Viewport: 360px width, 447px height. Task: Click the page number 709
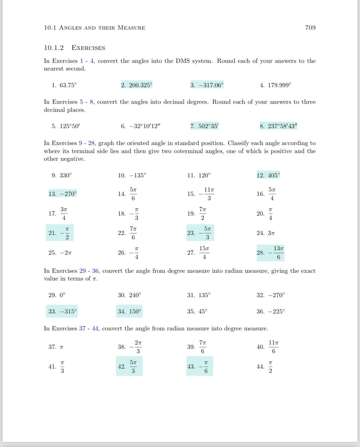pos(310,28)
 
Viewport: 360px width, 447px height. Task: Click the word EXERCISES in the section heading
pos(88,48)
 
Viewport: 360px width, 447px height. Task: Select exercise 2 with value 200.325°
pos(137,85)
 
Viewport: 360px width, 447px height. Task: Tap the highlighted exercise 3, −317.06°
pos(207,85)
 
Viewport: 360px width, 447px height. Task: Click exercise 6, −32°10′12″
pos(141,126)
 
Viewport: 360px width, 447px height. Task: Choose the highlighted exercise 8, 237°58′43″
pos(278,126)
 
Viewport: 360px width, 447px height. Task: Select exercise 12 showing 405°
pos(268,175)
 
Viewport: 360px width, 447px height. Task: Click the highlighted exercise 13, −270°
pos(62,194)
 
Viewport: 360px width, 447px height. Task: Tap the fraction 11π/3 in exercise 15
pos(209,194)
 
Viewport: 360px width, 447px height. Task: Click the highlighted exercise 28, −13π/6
pos(270,253)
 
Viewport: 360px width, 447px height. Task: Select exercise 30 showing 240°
pos(130,295)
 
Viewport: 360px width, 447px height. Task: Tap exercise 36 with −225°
pos(271,312)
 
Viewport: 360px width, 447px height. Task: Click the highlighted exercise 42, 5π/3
pos(129,366)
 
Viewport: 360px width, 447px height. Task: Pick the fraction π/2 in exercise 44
pos(270,367)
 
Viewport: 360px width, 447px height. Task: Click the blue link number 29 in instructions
pos(82,271)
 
